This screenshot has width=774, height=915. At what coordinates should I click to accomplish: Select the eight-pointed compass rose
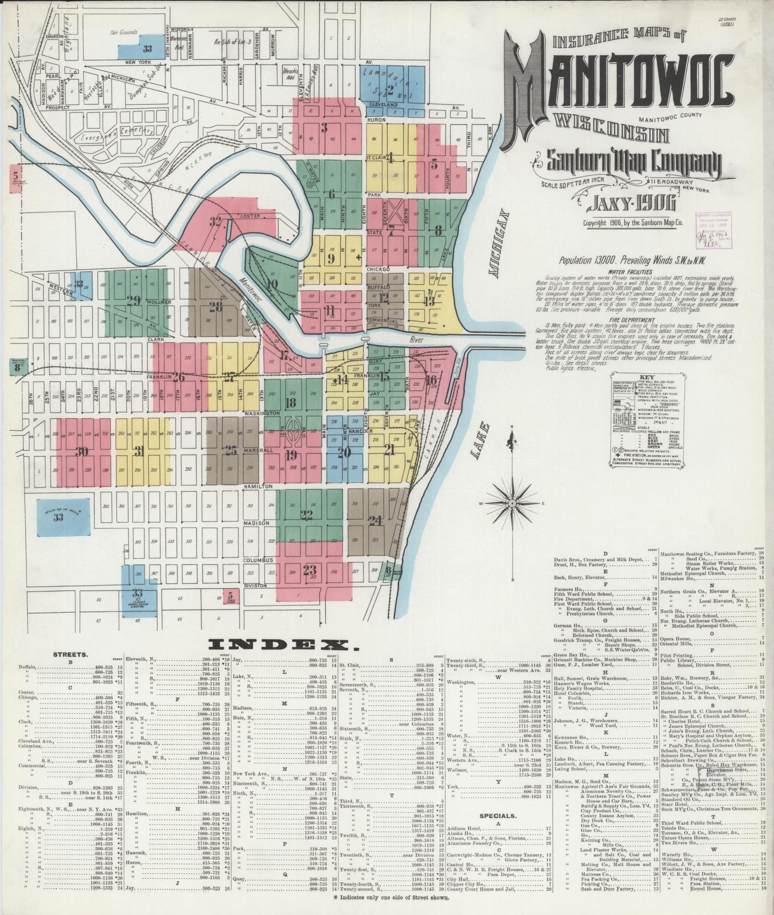(x=513, y=503)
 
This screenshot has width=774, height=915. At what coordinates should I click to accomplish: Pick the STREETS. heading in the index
(x=71, y=654)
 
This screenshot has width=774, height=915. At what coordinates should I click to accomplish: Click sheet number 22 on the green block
(x=306, y=515)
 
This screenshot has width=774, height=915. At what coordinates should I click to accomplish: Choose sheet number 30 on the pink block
(x=81, y=452)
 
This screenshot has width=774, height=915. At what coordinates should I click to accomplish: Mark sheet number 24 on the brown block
(x=375, y=519)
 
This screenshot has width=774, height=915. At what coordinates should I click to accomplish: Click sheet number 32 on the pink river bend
(x=215, y=221)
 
